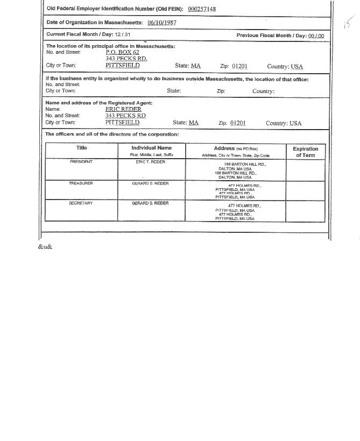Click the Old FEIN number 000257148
tap(202, 9)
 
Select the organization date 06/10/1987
tap(161, 23)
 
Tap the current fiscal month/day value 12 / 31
tap(122, 35)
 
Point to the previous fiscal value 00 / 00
tap(316, 35)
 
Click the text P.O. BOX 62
tap(122, 52)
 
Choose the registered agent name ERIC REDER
tap(123, 109)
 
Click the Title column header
tap(81, 148)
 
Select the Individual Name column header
tap(151, 148)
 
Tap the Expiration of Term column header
tap(305, 152)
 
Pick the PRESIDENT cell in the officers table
tap(81, 162)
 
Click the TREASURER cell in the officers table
tap(81, 183)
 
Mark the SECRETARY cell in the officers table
tap(81, 203)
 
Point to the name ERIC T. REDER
tap(150, 162)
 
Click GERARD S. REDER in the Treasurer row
tap(150, 183)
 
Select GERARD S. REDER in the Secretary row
tap(150, 203)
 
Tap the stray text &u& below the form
tap(45, 247)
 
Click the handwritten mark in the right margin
tap(348, 23)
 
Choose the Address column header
tap(235, 148)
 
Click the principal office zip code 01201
tap(239, 66)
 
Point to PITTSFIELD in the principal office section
tap(122, 65)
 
